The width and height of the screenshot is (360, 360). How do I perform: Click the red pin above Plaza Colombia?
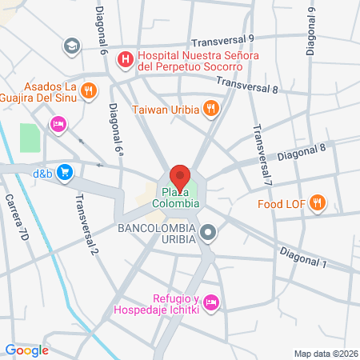180,175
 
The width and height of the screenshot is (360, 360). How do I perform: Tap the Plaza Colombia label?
176,198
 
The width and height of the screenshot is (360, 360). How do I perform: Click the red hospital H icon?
125,58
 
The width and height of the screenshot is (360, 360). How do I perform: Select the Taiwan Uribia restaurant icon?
211,108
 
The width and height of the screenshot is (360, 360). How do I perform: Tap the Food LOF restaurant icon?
318,203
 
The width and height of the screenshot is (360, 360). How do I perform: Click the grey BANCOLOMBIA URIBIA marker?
208,234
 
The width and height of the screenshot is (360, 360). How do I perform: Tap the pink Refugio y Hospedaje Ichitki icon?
211,302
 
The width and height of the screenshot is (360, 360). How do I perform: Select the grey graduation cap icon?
71,46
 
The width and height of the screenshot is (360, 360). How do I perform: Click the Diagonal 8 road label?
302,150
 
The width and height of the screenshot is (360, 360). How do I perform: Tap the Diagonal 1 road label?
303,258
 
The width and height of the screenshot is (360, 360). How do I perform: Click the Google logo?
27,350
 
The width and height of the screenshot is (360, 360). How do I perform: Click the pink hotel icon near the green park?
58,124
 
